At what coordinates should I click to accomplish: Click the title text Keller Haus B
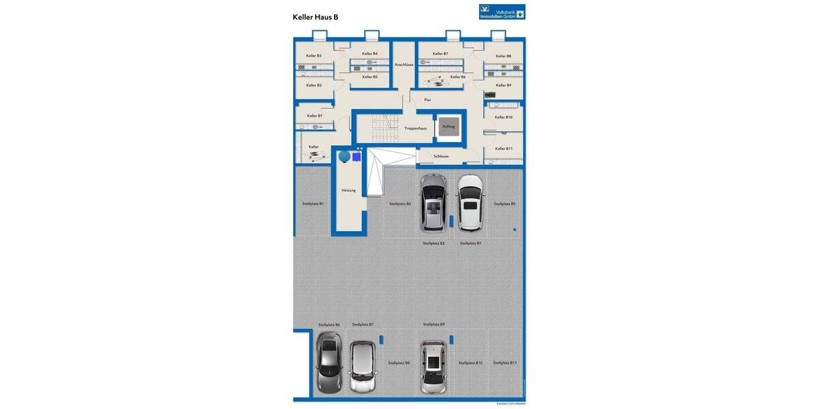coord(316,17)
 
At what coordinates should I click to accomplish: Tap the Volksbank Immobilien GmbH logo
coord(502,12)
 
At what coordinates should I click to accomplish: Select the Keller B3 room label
coord(314,56)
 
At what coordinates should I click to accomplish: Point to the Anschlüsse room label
coord(404,65)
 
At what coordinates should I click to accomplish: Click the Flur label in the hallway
coord(427,100)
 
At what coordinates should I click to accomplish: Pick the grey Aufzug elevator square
coord(449,127)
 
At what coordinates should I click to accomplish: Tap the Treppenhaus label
coord(415,128)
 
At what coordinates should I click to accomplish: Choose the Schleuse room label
coord(441,156)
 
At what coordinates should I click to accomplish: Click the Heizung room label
coord(348,191)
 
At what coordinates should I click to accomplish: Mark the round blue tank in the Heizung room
coord(344,157)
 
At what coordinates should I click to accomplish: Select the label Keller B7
coord(440,54)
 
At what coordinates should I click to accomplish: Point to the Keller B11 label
coord(504,149)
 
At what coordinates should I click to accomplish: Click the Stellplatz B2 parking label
coord(400,204)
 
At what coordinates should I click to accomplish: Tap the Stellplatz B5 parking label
coord(504,204)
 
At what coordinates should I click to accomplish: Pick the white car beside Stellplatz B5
coord(470,203)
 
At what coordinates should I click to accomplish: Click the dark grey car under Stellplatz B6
coord(329,361)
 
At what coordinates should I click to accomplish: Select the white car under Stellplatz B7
coord(363,365)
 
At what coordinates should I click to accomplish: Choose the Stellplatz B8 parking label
coord(399,363)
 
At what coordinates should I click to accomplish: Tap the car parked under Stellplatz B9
coord(433,367)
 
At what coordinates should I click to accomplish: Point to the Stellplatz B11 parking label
coord(504,363)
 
